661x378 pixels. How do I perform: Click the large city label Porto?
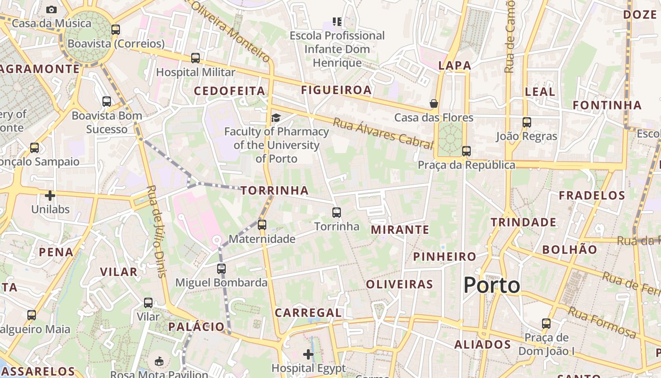pos(492,285)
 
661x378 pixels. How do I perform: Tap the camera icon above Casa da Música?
pos(51,9)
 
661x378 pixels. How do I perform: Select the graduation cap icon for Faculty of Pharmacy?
pos(276,118)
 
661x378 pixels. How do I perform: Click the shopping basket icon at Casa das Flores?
pos(433,103)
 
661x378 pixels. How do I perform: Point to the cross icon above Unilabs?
pos(50,195)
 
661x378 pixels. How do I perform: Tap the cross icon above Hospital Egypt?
pos(308,354)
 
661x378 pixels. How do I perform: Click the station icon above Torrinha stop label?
pos(337,213)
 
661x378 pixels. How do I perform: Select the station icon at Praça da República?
pos(466,151)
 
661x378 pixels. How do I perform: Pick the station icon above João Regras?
pos(527,122)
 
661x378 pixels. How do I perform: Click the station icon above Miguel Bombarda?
pos(221,269)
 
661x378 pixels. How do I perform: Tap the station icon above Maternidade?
pos(262,225)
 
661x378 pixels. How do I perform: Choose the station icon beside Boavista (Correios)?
pos(116,30)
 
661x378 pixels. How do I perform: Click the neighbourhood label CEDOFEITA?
pos(229,91)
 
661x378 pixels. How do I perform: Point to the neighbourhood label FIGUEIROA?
pos(337,90)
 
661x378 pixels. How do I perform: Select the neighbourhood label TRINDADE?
pos(523,222)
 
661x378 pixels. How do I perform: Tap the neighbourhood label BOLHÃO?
pos(569,249)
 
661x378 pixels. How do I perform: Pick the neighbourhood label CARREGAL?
pos(308,313)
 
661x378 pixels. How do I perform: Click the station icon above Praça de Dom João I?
pos(546,324)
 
